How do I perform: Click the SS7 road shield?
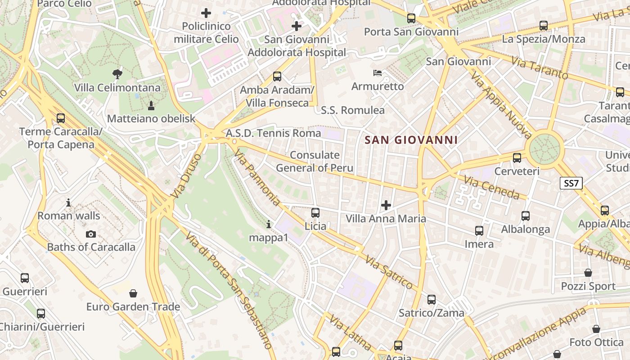(571, 183)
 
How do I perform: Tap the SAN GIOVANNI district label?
(411, 140)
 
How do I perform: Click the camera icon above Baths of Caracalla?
(91, 234)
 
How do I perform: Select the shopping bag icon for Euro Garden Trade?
(133, 294)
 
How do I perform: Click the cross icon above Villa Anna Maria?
(386, 205)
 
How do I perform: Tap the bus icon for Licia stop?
(315, 212)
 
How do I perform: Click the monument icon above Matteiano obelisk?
(151, 106)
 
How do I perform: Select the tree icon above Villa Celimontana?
(117, 74)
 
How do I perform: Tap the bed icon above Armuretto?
(378, 72)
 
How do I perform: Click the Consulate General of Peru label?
(315, 162)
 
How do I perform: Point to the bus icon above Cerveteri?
(517, 158)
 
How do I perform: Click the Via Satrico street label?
(389, 272)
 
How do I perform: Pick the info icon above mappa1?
(269, 224)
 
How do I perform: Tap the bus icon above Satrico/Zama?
(431, 299)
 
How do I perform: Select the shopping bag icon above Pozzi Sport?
(588, 273)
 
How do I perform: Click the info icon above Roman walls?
(68, 202)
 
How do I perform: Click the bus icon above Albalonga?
(525, 216)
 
